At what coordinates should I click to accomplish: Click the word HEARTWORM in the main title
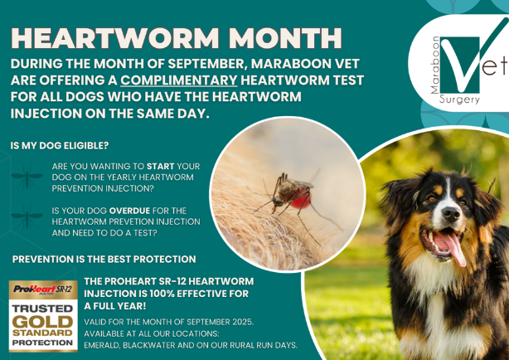coord(115,38)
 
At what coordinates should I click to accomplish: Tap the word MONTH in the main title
coord(285,38)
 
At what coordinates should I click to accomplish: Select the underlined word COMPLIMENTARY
coord(179,80)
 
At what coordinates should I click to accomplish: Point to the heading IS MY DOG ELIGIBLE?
coord(60,145)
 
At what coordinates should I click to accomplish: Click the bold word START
coord(160,167)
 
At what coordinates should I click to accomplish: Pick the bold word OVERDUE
coord(129,211)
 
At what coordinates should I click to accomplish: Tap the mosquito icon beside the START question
coord(27,177)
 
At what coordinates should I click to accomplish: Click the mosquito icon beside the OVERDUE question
coord(27,216)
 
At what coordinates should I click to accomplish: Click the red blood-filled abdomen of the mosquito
coord(300,198)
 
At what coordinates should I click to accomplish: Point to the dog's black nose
coord(451,213)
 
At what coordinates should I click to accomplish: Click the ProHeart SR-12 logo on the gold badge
coord(43,289)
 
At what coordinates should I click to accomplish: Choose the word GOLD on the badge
coord(43,322)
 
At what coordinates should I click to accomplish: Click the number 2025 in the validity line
coord(243,322)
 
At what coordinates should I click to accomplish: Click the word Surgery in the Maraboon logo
coord(459,99)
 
